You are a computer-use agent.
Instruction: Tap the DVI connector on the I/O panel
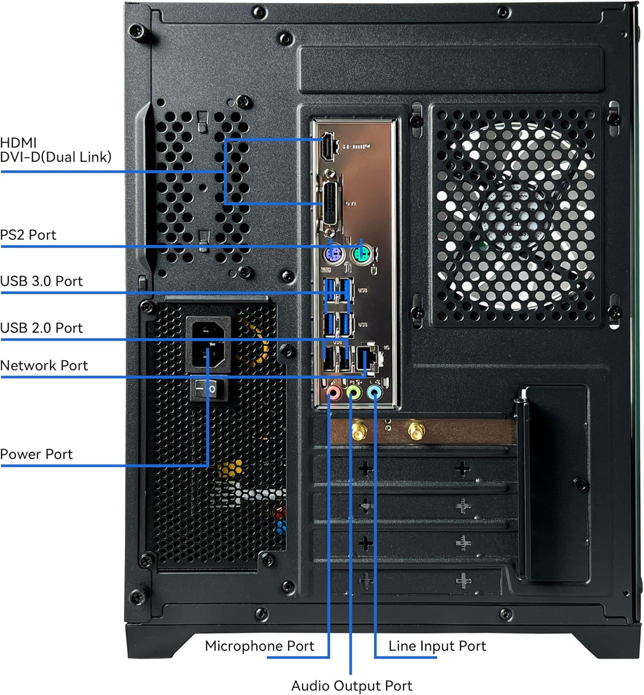coord(331,204)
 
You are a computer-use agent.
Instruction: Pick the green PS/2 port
coord(362,254)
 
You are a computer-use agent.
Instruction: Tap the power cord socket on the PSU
coord(208,344)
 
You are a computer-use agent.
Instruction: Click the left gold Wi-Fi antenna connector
coord(358,431)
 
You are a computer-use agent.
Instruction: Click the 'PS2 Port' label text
coord(28,235)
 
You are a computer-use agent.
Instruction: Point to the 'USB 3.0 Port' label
coord(41,281)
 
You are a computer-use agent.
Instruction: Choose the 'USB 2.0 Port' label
coord(41,328)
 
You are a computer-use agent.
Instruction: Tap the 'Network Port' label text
coord(44,366)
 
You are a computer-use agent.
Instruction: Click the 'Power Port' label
coord(36,454)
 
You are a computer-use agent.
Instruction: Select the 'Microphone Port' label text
coord(259,646)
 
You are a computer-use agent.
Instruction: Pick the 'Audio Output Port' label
coord(351,686)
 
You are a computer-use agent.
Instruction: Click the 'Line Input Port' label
coord(437,646)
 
